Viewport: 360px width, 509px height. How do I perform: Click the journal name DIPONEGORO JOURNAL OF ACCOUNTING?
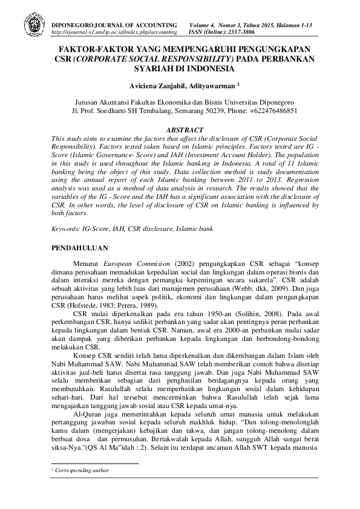coord(115,21)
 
